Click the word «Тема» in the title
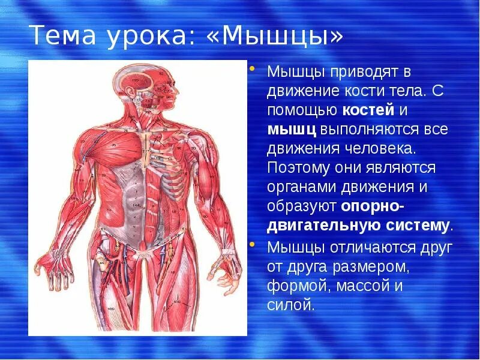62,37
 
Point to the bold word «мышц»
292,130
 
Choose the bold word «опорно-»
373,206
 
